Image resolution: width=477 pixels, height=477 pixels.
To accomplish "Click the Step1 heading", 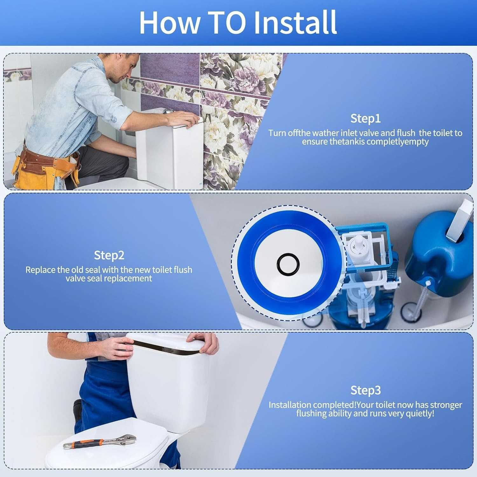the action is (x=365, y=118).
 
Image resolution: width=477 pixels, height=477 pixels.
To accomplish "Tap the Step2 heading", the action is (x=109, y=255).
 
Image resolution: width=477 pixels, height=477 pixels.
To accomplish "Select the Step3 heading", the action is (x=365, y=390).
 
